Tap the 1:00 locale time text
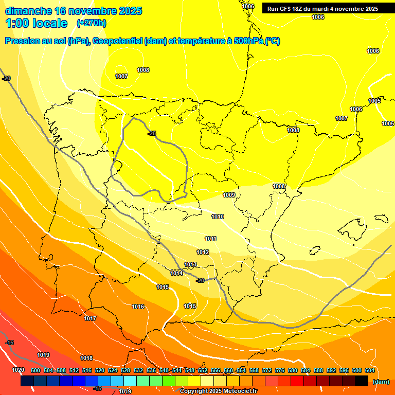(36, 23)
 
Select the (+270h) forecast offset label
(91, 23)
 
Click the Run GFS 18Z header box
(322, 8)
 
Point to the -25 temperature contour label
(152, 134)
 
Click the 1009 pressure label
(229, 195)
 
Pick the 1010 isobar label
(218, 217)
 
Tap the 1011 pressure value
(210, 239)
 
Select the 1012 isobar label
(203, 252)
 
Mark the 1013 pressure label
(190, 265)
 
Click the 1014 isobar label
(176, 273)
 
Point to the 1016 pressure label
(138, 307)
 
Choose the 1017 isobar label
(90, 318)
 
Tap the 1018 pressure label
(86, 358)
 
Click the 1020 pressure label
(18, 370)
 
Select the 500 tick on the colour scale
(35, 370)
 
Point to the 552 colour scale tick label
(203, 370)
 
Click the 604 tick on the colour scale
(370, 370)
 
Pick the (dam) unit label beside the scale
(381, 382)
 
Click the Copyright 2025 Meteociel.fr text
(219, 391)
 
